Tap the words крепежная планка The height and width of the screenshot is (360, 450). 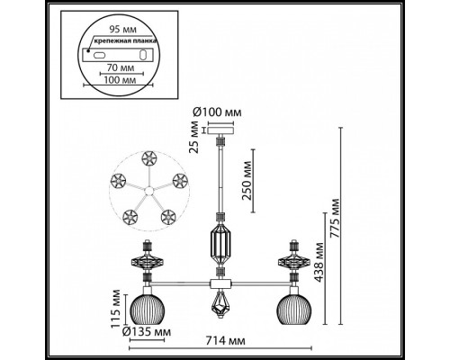(114, 40)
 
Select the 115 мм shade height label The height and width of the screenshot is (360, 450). (115, 308)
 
